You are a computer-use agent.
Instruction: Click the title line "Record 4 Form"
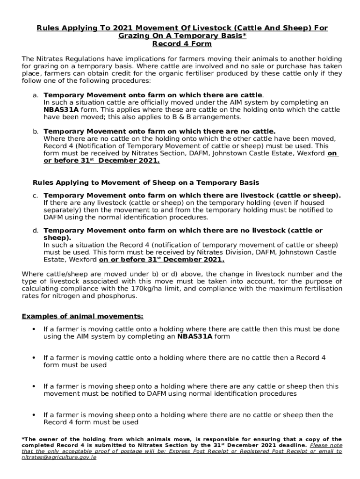point(182,44)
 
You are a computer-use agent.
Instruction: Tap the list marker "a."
point(36,95)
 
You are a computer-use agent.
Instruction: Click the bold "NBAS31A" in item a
point(61,109)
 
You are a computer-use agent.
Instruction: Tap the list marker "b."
point(36,131)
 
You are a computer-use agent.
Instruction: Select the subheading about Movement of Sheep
point(145,182)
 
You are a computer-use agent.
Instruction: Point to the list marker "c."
point(36,196)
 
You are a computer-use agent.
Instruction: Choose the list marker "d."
point(36,231)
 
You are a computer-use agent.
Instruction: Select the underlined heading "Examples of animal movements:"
point(82,317)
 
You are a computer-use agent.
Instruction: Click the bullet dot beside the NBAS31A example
point(34,329)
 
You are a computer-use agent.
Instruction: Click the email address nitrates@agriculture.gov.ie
point(59,457)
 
